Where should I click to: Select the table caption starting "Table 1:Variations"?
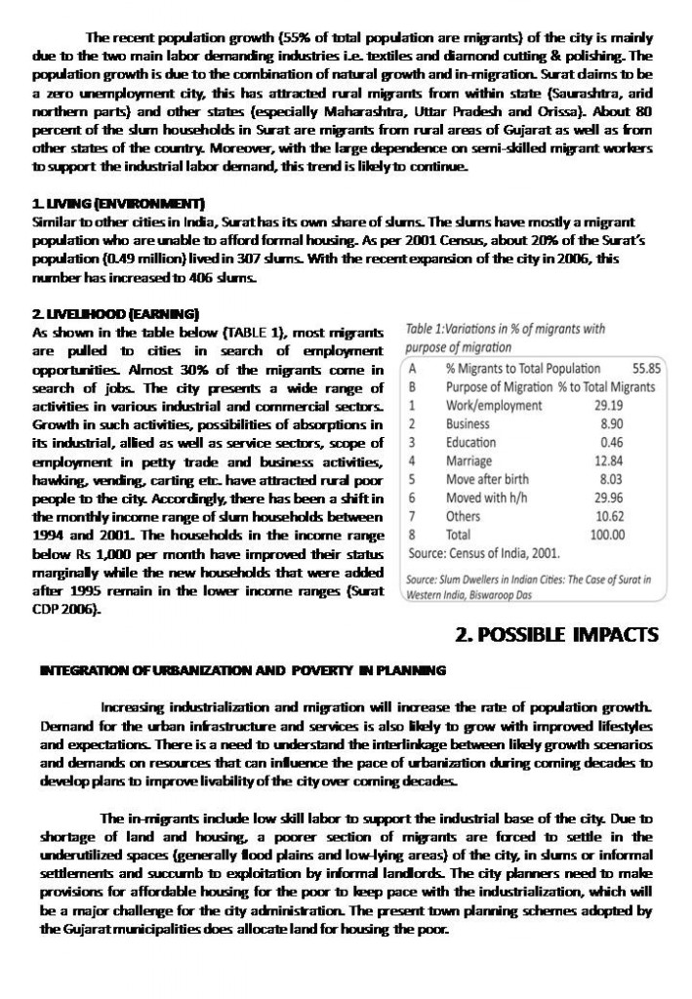coord(505,333)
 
